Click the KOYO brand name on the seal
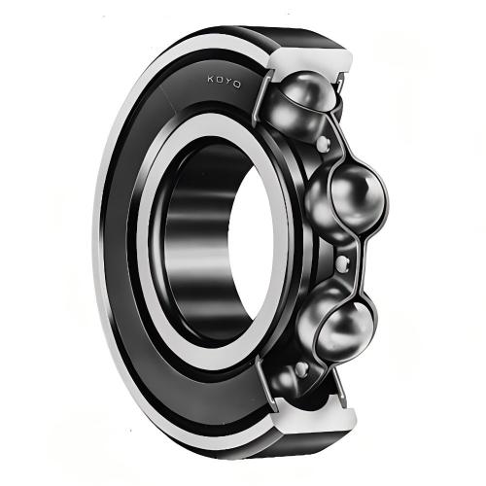(x=224, y=82)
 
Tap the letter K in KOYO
(x=211, y=79)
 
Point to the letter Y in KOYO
(x=228, y=82)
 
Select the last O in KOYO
(x=237, y=85)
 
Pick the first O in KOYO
(x=220, y=80)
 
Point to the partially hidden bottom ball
(x=284, y=381)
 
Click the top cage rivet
(x=323, y=143)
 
